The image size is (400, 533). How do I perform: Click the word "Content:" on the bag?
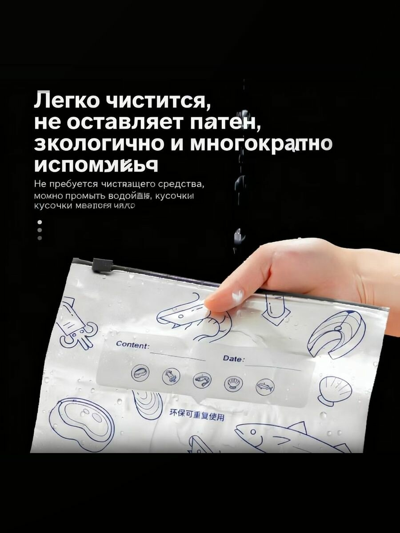(132, 344)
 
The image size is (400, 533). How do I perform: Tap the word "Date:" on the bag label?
(233, 358)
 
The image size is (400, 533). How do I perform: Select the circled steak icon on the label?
(140, 372)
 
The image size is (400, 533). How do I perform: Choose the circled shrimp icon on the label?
(202, 380)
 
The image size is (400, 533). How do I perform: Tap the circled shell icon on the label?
(233, 383)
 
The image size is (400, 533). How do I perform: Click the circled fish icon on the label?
(265, 387)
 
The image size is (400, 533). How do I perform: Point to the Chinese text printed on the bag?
(196, 415)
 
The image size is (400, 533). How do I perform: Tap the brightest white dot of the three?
(40, 222)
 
